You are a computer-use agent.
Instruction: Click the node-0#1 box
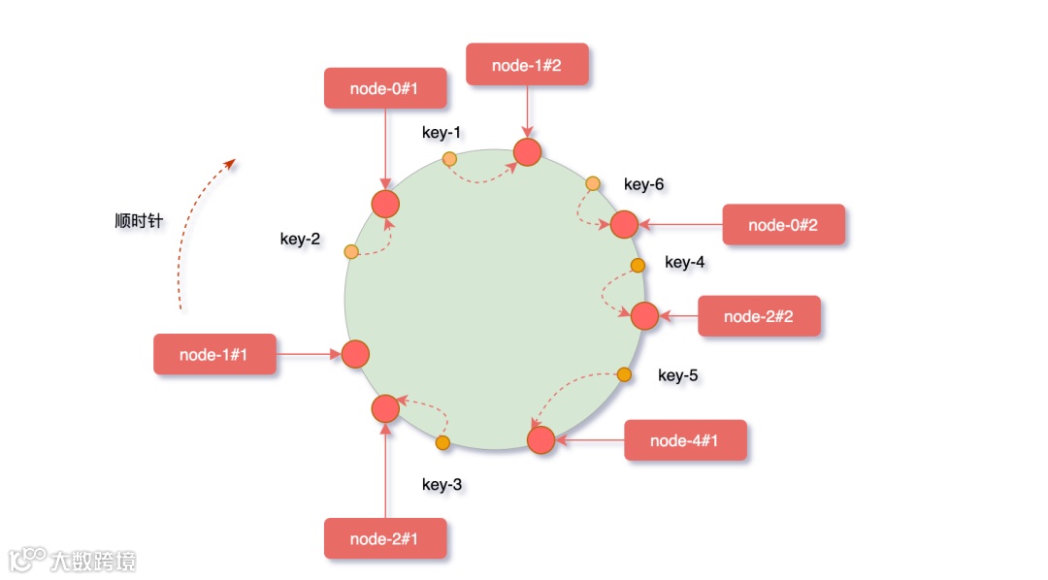[x=384, y=88]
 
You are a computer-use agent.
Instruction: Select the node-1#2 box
[x=527, y=65]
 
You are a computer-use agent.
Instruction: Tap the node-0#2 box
[x=783, y=225]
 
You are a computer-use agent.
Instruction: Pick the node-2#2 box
[x=759, y=316]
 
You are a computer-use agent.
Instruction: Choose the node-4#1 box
[x=685, y=440]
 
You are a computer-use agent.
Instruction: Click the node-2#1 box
[x=385, y=538]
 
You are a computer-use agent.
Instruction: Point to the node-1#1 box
[x=214, y=354]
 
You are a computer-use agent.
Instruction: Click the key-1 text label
[x=442, y=133]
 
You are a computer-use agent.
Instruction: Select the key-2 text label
[x=300, y=239]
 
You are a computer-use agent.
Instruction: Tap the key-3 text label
[x=442, y=484]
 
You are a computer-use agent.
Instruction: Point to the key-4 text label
[x=685, y=262]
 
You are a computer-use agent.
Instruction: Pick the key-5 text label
[x=678, y=375]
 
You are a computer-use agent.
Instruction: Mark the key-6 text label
[x=643, y=184]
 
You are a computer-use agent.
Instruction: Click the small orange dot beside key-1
[x=449, y=158]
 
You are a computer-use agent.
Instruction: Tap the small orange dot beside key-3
[x=443, y=443]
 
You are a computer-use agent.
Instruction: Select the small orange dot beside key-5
[x=625, y=374]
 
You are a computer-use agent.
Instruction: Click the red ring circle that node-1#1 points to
[x=355, y=354]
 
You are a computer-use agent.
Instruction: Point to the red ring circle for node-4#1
[x=540, y=439]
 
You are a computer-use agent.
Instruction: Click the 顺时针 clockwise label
[x=139, y=221]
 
